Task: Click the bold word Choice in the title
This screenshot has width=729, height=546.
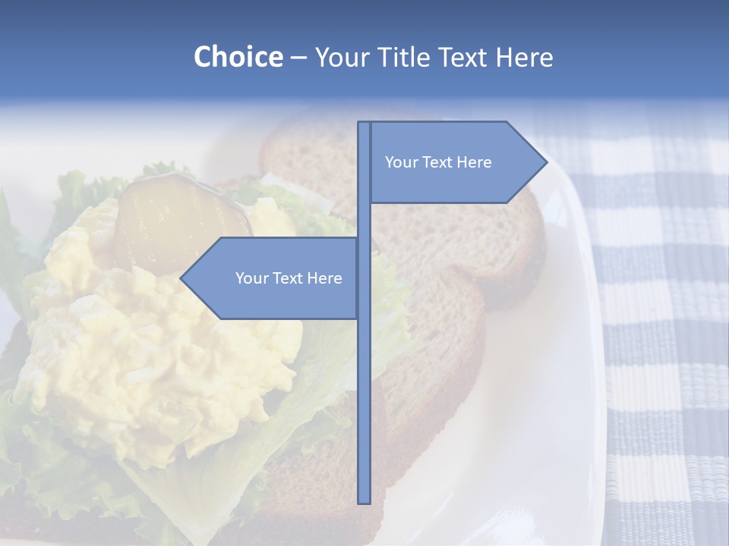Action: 238,57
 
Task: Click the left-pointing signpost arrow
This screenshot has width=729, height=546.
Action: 273,278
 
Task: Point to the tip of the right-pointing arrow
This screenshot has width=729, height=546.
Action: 546,162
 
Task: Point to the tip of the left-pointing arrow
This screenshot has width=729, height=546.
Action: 181,278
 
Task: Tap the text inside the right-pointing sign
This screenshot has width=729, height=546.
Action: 438,162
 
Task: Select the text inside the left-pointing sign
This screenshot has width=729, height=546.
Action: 289,278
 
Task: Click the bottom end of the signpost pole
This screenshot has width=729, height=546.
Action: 364,500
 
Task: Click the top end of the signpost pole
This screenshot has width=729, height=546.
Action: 364,124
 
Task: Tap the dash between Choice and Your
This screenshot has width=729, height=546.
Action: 298,58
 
